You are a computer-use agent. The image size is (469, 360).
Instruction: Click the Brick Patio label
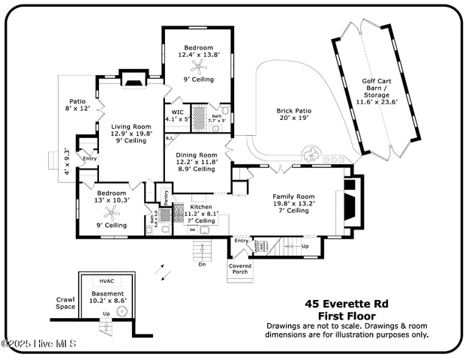click(x=293, y=115)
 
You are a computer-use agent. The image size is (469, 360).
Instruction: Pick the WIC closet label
click(x=177, y=115)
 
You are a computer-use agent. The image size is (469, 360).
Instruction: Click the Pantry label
click(x=164, y=196)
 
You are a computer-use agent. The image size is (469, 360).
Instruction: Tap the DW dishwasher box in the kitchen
click(x=193, y=229)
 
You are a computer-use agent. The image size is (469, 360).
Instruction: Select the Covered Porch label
click(x=241, y=268)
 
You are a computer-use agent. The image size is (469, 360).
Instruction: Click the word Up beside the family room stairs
click(x=305, y=245)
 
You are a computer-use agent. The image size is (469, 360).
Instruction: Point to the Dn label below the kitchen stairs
click(x=202, y=264)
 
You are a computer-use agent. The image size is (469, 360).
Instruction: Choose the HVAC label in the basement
click(x=106, y=280)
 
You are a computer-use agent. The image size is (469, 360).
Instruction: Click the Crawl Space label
click(x=66, y=303)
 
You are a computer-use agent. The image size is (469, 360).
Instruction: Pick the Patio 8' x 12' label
click(x=79, y=105)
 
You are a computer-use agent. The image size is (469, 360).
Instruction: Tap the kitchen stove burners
click(x=179, y=211)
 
